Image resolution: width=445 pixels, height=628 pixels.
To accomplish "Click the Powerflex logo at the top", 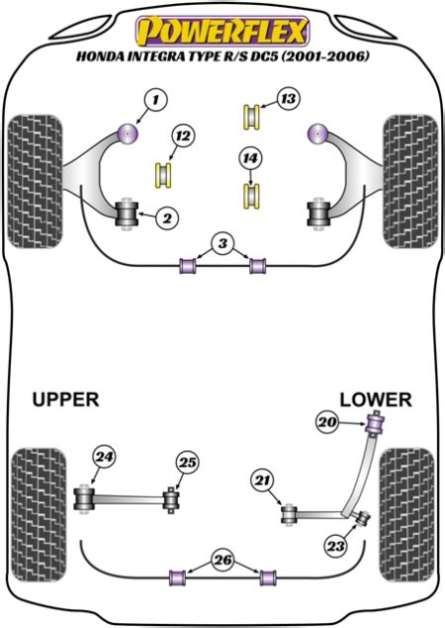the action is point(222,31).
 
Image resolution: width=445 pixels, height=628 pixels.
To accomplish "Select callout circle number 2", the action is point(167,218).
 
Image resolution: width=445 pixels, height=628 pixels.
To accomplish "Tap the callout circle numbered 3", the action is point(222,243).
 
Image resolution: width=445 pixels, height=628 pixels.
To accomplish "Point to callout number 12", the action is point(183,136).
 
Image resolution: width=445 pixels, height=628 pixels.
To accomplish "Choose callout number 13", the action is point(288,99).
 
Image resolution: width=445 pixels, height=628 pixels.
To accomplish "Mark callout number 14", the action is point(250,158).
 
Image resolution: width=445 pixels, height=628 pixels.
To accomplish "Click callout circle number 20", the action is point(327,422).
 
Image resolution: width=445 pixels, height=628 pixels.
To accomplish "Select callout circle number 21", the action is point(263,481).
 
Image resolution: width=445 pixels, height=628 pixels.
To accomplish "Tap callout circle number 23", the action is point(335,546).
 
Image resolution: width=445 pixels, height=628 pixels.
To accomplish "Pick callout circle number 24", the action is point(104,457).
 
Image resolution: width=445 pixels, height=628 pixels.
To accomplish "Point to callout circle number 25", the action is point(188,463).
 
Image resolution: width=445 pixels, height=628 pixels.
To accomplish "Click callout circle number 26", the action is point(222,560).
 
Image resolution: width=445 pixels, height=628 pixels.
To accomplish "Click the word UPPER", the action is point(65,400).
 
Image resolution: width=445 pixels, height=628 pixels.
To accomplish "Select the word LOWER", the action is point(376,400).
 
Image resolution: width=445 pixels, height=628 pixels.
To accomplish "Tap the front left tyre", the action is point(36,181).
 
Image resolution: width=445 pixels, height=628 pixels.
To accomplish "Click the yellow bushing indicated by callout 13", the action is point(252,117).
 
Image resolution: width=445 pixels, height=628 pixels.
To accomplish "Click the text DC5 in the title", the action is point(265,56).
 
